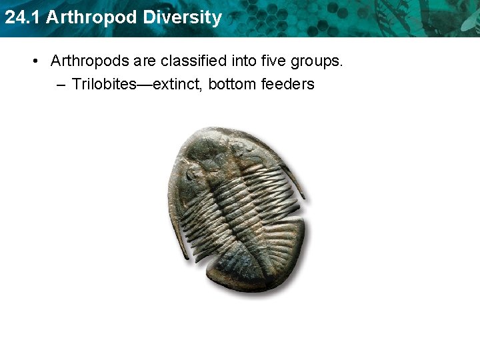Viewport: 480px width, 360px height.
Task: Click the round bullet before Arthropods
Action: [x=35, y=61]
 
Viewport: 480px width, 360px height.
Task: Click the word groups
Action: [x=317, y=61]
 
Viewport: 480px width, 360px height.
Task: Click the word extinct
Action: [x=176, y=84]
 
